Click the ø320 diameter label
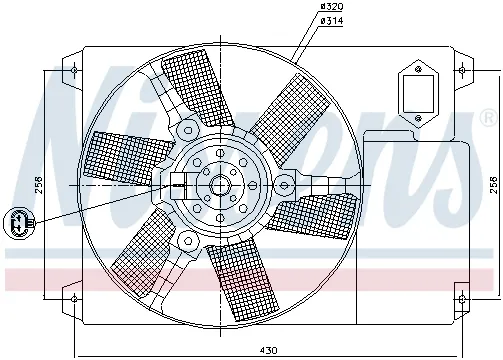[x=331, y=8]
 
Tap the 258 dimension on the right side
[x=492, y=185]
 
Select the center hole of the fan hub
[x=218, y=185]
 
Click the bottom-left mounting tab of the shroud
[x=73, y=297]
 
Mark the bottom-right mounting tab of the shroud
[x=460, y=297]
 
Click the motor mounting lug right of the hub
[x=286, y=184]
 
